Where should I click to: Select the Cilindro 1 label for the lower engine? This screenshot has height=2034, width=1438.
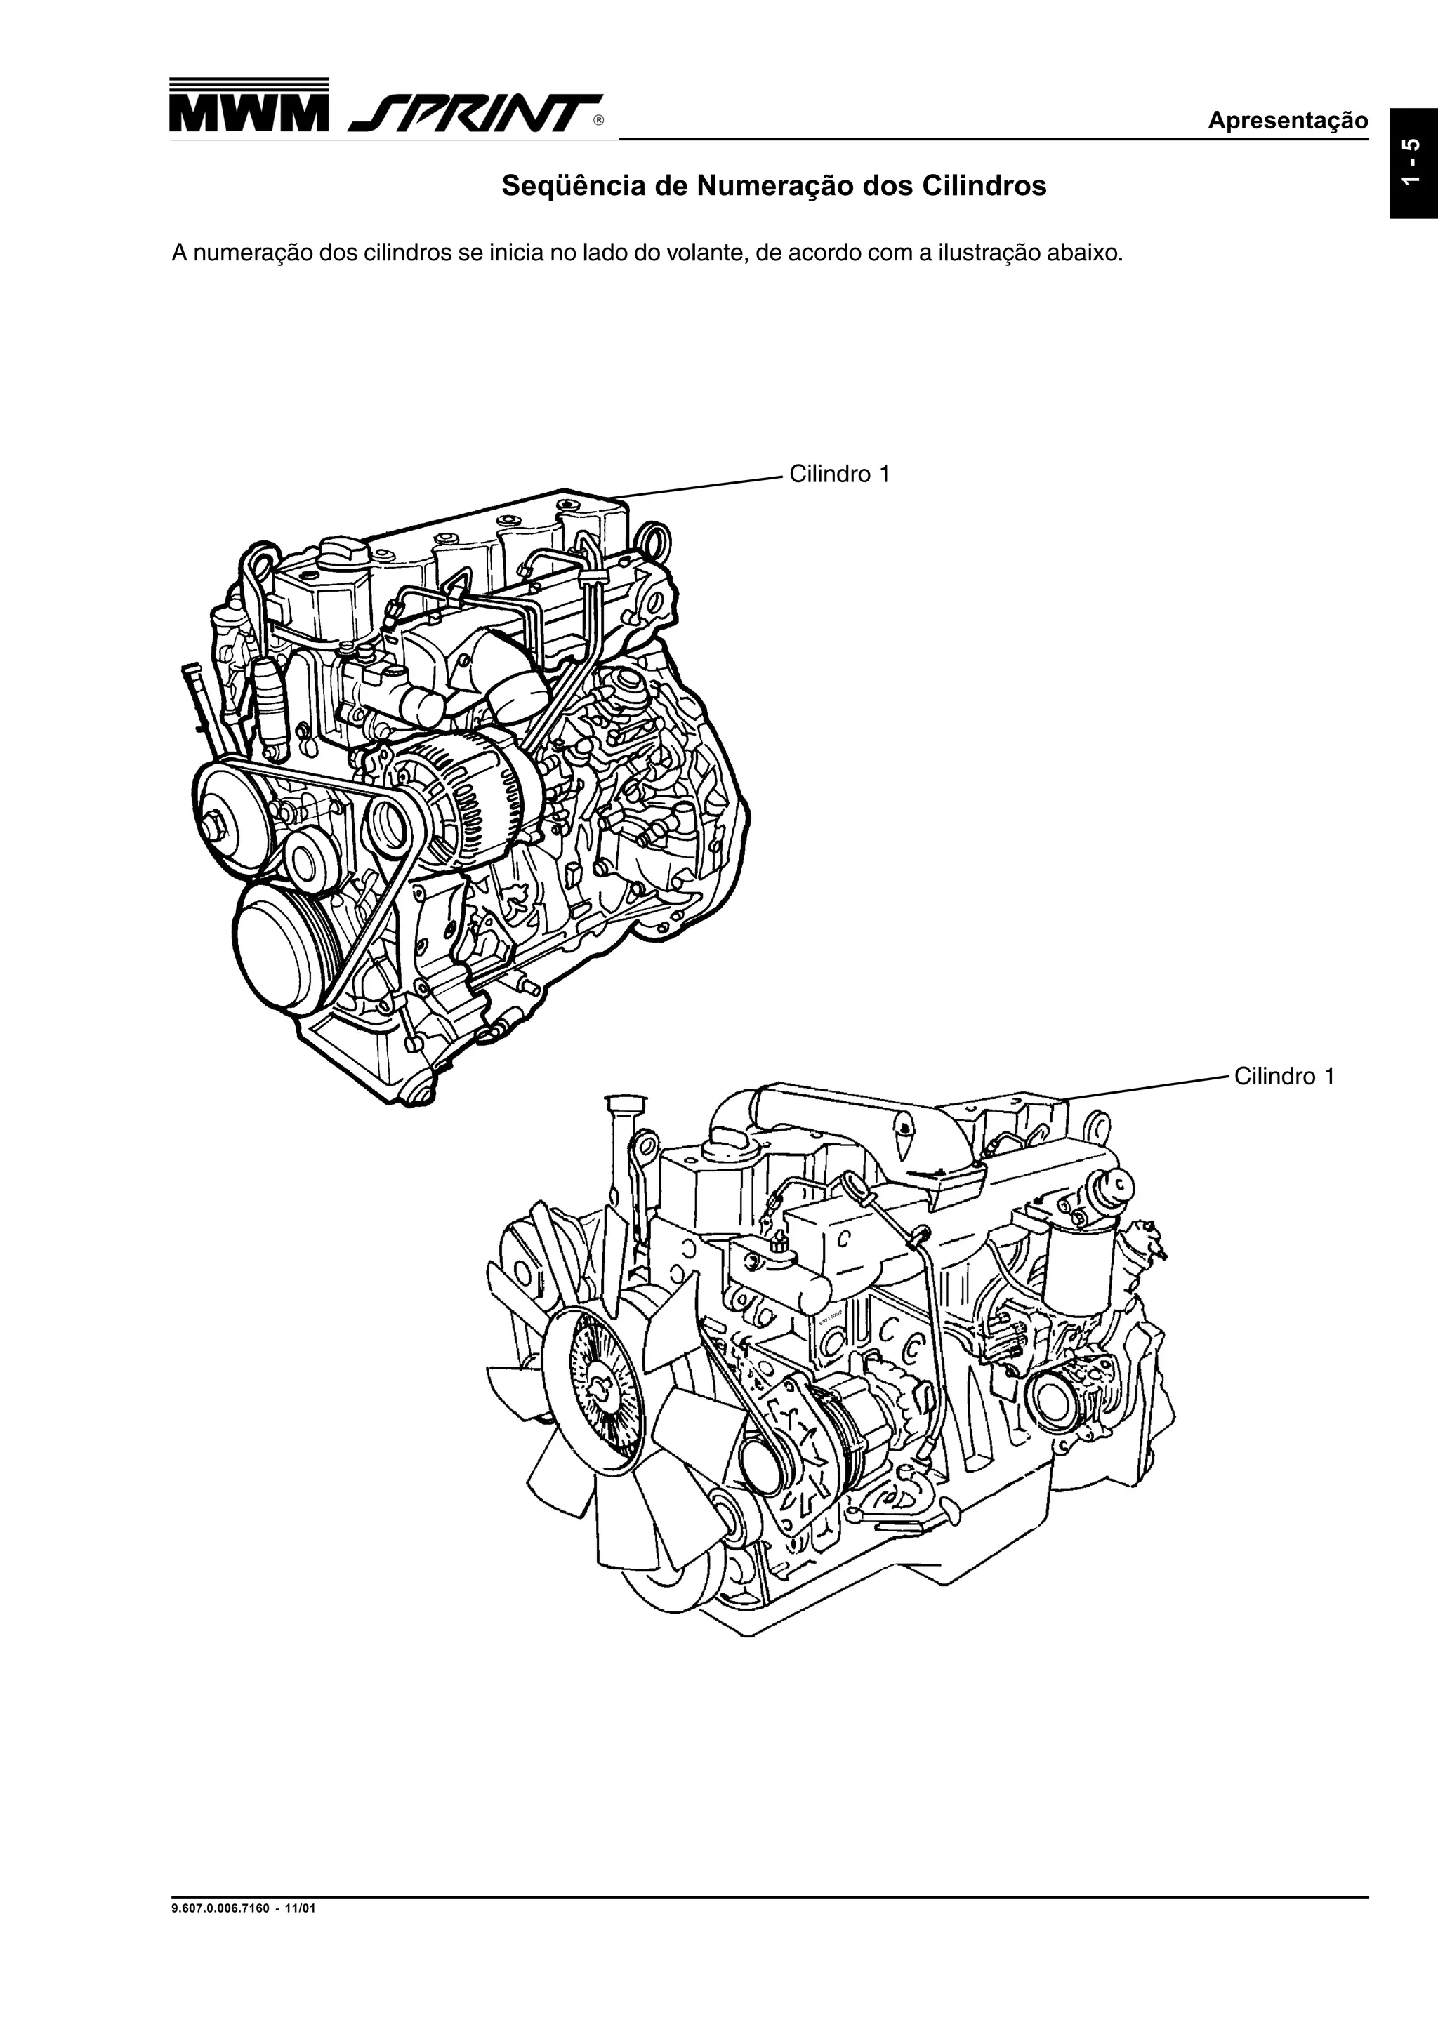tap(1284, 1077)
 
